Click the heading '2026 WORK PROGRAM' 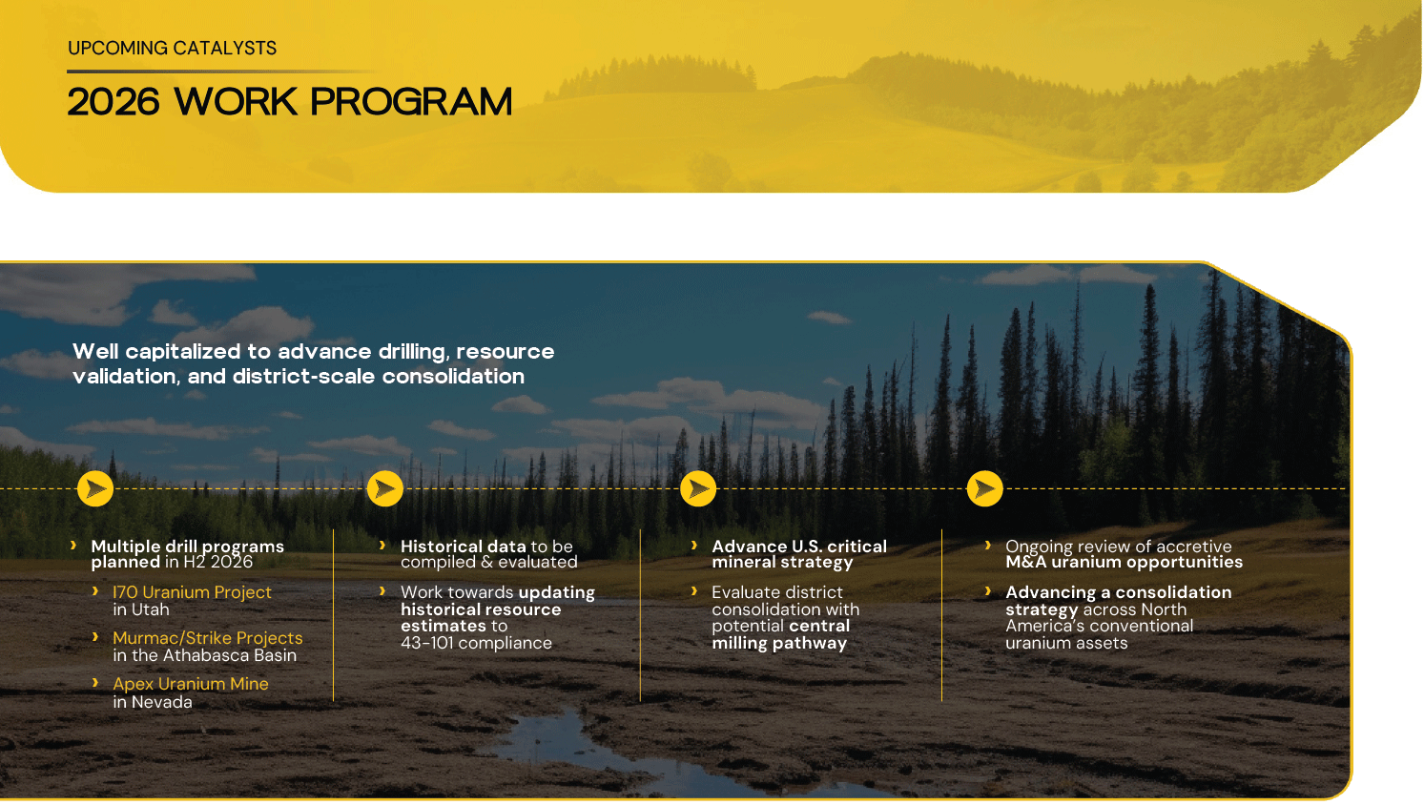point(289,102)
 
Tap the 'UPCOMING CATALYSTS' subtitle point(172,49)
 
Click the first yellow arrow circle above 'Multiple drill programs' point(95,488)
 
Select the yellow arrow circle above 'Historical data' point(385,488)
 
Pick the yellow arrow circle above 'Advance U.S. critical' point(698,488)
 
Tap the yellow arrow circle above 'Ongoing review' point(984,488)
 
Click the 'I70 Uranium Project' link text point(192,592)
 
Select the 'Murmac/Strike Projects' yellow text point(208,638)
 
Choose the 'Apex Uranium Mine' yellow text point(191,684)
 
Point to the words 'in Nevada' point(153,702)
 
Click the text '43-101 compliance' point(476,643)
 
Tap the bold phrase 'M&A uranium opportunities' point(1124,562)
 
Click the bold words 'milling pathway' point(779,644)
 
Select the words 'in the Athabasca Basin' point(205,655)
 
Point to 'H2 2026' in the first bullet point(218,562)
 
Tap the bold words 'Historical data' point(464,547)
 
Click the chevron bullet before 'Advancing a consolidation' point(988,591)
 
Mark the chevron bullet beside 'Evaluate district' point(694,591)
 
